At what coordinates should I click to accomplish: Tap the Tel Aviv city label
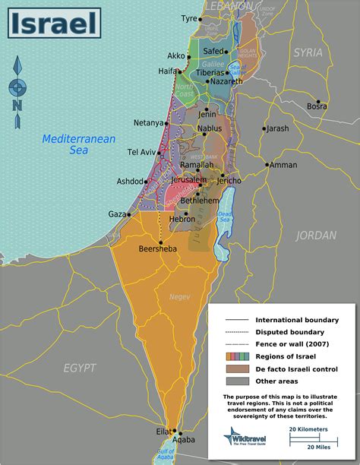[x=142, y=153]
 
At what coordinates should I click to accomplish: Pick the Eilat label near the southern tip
[x=163, y=431]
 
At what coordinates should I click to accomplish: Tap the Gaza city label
[x=117, y=214]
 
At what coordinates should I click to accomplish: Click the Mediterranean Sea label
[x=68, y=144]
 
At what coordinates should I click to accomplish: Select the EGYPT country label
[x=80, y=368]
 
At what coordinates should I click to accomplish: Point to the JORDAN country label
[x=316, y=235]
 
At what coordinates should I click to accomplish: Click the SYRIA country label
[x=308, y=52]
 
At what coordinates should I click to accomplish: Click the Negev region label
[x=179, y=296]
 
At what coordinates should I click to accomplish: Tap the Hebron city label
[x=182, y=218]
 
